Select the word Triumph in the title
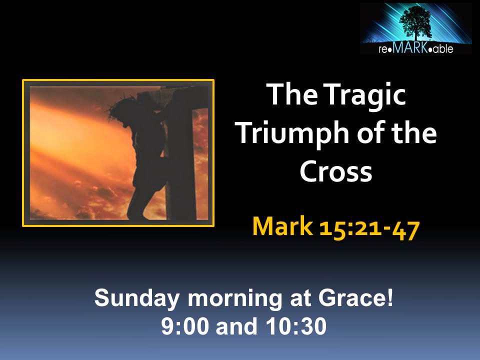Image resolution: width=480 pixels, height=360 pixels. (x=293, y=134)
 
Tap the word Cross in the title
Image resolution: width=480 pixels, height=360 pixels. (x=336, y=171)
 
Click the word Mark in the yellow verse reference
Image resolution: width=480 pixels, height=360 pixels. (x=282, y=226)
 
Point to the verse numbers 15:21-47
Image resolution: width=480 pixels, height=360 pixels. (x=369, y=229)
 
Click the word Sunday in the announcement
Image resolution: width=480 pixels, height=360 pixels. (x=136, y=298)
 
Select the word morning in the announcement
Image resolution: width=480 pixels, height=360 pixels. (x=235, y=299)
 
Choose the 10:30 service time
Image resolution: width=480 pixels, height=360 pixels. (x=296, y=326)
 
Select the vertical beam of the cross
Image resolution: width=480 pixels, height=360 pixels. (x=181, y=153)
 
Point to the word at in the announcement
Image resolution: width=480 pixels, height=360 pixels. (x=299, y=299)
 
